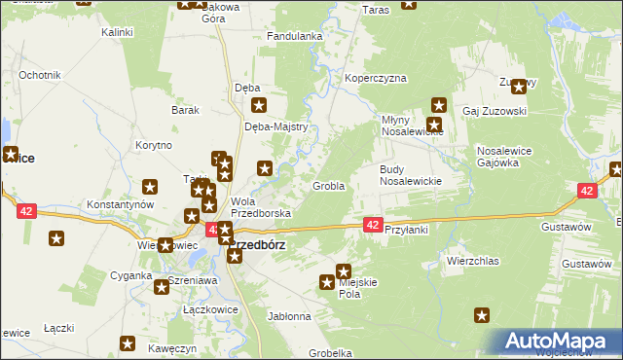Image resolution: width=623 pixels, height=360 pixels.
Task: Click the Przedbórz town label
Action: point(258,245)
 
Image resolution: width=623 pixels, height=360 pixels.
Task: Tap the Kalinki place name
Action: point(117,32)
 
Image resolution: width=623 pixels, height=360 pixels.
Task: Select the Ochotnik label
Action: point(40,75)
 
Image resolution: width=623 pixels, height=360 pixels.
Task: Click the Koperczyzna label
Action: point(375,79)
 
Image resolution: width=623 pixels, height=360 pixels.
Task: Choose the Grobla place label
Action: point(328,185)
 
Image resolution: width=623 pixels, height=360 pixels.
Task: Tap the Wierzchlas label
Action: point(472,261)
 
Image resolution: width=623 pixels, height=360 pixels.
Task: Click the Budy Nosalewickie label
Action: point(411,175)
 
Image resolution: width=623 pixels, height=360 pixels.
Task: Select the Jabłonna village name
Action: point(288,316)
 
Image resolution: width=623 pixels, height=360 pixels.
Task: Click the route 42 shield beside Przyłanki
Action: point(372,225)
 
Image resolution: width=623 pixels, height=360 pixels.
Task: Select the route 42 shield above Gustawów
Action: point(586,192)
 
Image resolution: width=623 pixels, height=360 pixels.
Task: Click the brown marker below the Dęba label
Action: point(259,106)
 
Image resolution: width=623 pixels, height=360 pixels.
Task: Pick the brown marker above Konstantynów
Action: point(150,187)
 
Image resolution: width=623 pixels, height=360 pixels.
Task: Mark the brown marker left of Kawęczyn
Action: point(127,342)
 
